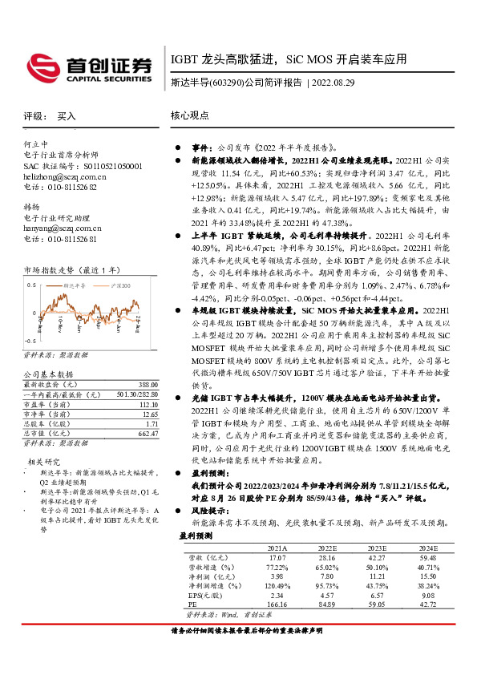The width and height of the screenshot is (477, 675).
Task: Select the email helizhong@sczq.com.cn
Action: pos(65,176)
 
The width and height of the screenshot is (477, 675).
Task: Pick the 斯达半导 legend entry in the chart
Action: pos(79,285)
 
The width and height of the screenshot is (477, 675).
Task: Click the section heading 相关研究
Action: pos(45,462)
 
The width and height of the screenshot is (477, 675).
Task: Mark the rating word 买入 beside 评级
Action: pos(67,115)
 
